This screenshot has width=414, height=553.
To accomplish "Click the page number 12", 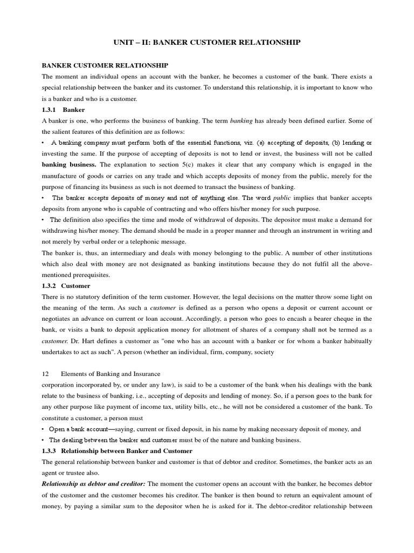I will pos(45,374).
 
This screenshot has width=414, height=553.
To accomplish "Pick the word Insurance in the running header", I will pos(143,374).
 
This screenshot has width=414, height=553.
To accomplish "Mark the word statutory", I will pos(93,296).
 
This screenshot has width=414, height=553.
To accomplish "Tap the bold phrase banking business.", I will pos(70,165).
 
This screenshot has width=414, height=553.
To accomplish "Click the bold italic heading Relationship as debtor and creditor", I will pos(93,483).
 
